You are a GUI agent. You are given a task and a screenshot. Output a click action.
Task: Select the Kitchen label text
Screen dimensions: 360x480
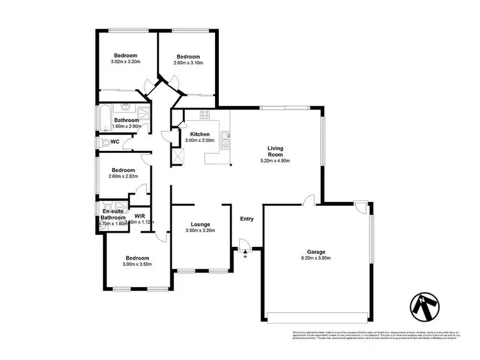point(199,134)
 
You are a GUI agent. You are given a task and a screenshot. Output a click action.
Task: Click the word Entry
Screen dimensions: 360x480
point(246,219)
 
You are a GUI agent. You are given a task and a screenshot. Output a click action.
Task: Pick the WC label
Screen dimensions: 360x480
point(115,141)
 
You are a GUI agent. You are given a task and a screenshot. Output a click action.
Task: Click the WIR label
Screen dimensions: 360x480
point(138,216)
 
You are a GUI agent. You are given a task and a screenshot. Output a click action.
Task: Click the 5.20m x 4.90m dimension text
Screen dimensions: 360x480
point(275,161)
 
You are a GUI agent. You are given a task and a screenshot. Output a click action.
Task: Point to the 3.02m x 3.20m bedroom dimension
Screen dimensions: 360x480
point(125,61)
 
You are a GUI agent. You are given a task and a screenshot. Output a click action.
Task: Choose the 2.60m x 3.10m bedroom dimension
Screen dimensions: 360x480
point(188,63)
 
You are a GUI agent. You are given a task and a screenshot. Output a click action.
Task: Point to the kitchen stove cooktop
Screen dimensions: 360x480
point(206,115)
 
